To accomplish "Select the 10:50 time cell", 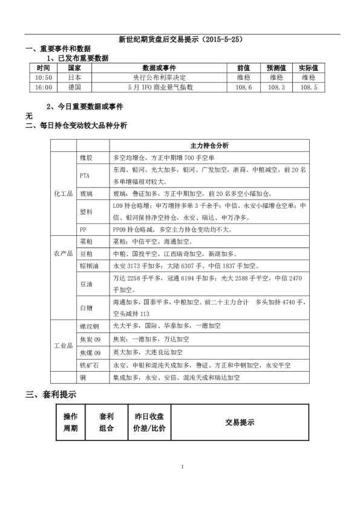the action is [x=44, y=77].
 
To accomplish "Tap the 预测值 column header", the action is [x=275, y=68].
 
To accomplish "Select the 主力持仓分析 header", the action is [x=209, y=145].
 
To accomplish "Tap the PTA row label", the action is [x=85, y=175].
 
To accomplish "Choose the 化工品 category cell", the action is [x=63, y=193].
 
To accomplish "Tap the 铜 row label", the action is [x=82, y=377].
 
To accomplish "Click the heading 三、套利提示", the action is [x=50, y=395].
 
